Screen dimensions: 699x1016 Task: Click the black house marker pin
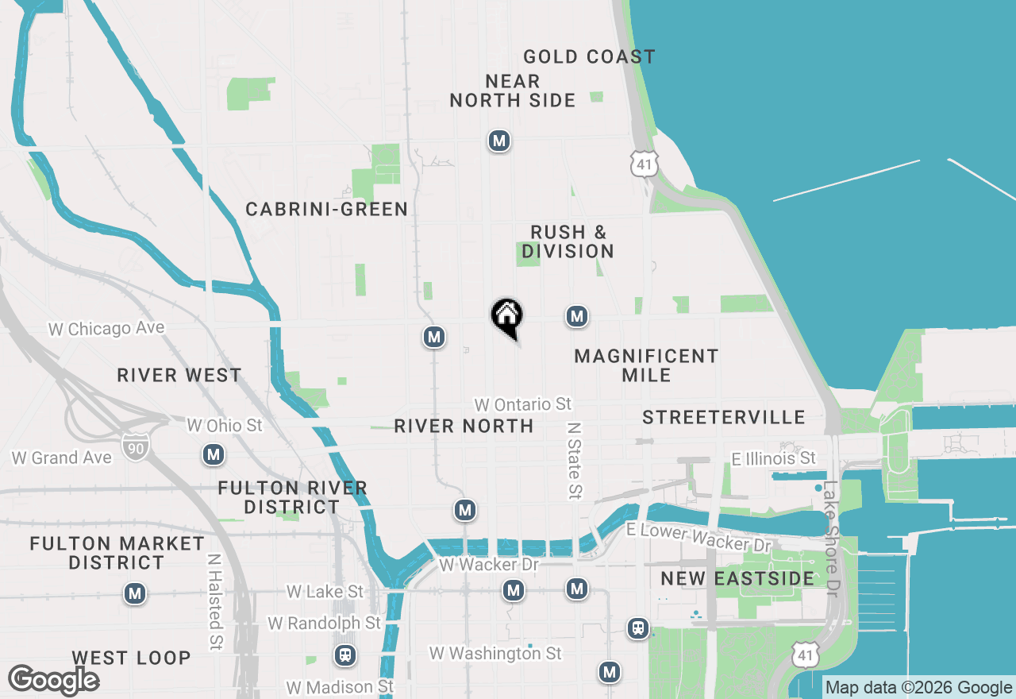coord(507,317)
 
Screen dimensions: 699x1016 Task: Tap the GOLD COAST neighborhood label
coord(589,56)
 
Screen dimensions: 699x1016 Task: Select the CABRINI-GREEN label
coord(326,209)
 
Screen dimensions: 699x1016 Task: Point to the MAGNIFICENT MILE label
coord(646,365)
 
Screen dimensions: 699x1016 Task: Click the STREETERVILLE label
coord(723,417)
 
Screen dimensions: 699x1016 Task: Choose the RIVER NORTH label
coord(464,426)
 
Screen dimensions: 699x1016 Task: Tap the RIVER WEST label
coord(179,375)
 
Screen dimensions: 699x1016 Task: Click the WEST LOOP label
coord(131,658)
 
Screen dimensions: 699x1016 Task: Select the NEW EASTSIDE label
coord(737,578)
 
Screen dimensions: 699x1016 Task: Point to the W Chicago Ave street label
coord(106,328)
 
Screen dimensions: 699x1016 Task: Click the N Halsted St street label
coord(214,601)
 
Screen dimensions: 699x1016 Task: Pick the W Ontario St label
coord(522,404)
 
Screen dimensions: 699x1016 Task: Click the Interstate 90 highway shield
coord(133,447)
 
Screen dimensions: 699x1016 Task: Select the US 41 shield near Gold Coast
coord(644,164)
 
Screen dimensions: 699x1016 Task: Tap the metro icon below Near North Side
coord(498,141)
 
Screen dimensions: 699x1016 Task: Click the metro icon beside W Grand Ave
coord(213,455)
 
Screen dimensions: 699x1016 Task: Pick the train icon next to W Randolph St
coord(344,655)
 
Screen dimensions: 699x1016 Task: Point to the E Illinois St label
coord(773,458)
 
